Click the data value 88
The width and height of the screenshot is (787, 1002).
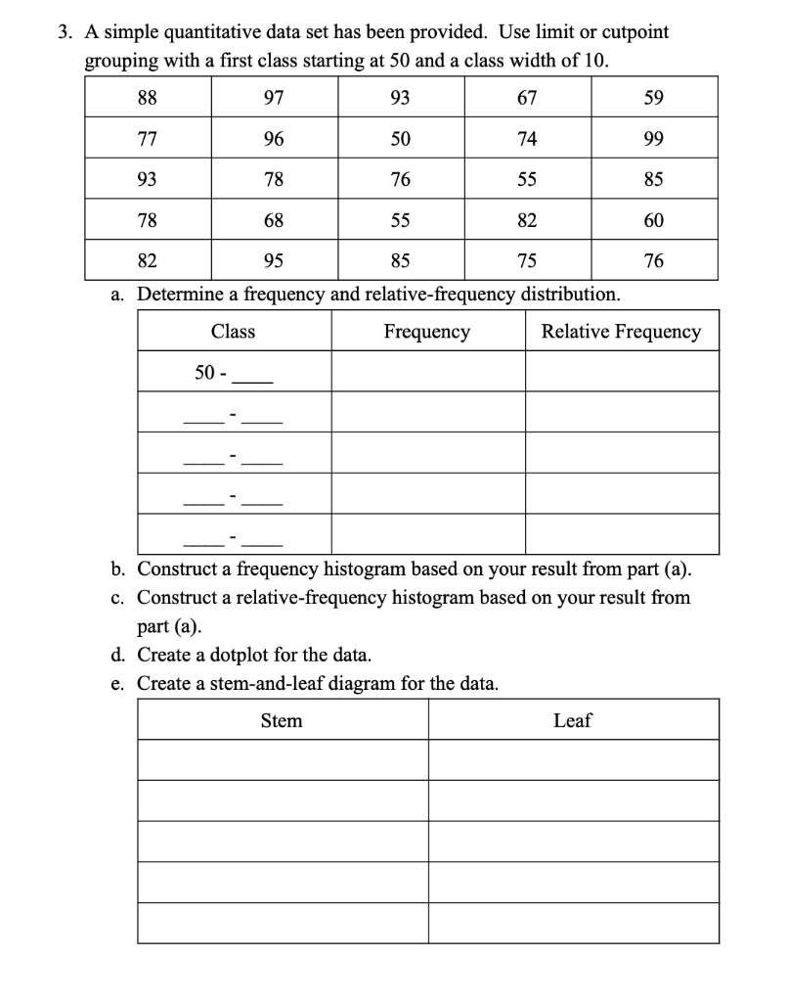149,98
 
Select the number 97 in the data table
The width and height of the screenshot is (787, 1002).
274,98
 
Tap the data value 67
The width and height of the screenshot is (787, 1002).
526,98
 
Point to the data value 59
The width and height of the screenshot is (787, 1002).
654,98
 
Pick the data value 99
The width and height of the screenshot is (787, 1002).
654,139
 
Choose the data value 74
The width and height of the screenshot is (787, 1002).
526,139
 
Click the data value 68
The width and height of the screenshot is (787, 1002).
274,221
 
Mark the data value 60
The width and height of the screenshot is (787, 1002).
654,221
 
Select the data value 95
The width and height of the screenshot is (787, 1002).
274,261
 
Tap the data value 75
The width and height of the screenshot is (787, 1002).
526,261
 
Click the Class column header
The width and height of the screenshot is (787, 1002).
233,332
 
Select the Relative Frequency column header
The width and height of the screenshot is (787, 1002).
621,332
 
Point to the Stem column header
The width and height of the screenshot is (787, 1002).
282,721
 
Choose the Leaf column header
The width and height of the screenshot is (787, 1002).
572,721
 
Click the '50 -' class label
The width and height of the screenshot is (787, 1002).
211,373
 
